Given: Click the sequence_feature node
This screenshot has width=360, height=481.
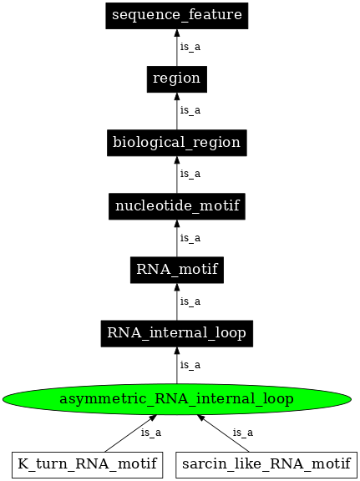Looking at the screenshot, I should click(176, 15).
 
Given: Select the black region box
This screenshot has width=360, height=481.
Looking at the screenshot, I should click(176, 78).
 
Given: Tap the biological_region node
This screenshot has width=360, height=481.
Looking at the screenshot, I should click(176, 142).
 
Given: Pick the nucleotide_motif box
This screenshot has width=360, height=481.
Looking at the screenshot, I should click(176, 205).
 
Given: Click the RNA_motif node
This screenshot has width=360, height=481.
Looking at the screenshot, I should click(176, 270).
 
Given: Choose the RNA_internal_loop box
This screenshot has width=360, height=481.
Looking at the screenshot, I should click(176, 333).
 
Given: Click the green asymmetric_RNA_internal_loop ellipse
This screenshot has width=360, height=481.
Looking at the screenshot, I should click(176, 399).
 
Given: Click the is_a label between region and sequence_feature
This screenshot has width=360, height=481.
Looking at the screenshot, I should click(190, 47).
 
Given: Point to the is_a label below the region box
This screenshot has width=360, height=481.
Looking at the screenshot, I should click(190, 110).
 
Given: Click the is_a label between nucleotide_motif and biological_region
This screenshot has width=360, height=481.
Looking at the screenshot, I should click(190, 174).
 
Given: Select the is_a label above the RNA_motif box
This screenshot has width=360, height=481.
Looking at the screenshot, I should click(190, 238).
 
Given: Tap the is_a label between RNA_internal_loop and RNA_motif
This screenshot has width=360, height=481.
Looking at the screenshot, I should click(190, 301).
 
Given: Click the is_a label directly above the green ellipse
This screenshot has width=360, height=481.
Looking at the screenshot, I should click(190, 365).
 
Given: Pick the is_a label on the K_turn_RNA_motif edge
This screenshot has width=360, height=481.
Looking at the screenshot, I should click(150, 433).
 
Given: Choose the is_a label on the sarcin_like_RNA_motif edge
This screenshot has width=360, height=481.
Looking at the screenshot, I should click(242, 433).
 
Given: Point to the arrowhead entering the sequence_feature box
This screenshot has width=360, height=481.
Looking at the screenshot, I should click(176, 33).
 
